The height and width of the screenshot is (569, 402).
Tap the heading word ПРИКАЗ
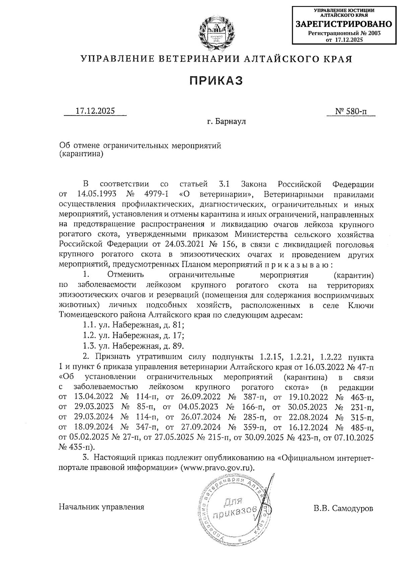[x=216, y=80]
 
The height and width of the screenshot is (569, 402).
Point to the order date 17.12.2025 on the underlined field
[x=95, y=111]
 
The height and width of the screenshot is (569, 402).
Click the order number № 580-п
[x=350, y=111]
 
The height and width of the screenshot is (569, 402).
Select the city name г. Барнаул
[x=226, y=121]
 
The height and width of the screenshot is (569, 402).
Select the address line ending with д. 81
[x=133, y=325]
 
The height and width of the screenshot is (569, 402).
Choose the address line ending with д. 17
[x=133, y=335]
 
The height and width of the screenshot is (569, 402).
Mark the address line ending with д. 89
[x=133, y=346]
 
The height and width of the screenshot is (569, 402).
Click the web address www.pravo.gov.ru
[x=216, y=468]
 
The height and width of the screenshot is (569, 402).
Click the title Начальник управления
[x=102, y=507]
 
